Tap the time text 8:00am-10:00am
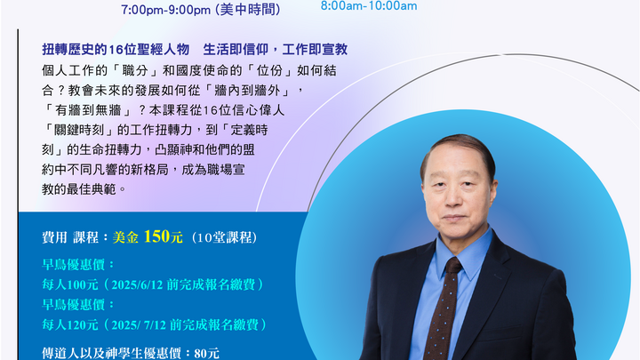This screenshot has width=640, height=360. [x=368, y=5]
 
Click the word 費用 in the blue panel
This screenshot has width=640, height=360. [x=55, y=237]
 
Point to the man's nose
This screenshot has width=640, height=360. [x=460, y=196]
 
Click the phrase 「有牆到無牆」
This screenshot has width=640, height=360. [x=97, y=109]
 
